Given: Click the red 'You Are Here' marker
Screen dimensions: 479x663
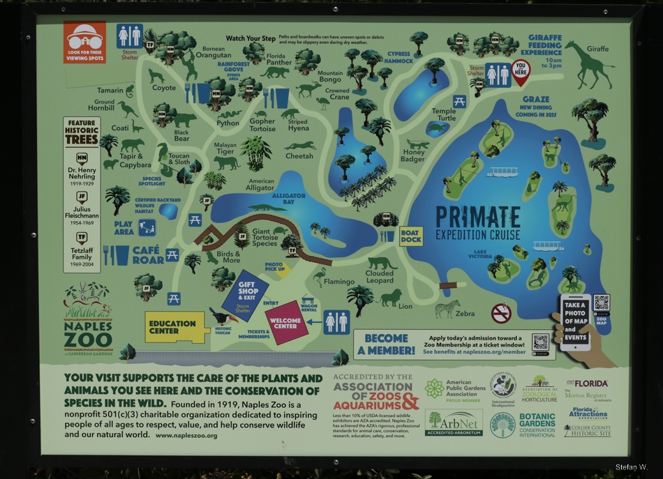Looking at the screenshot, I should click(x=521, y=71).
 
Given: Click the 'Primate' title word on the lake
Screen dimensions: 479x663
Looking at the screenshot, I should click(x=478, y=215).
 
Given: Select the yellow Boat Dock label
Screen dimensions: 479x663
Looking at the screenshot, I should click(x=410, y=236).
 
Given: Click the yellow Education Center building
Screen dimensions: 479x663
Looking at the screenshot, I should click(x=174, y=327).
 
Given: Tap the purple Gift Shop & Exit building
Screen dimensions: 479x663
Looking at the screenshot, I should click(x=245, y=295).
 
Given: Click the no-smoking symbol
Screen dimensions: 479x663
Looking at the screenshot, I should click(x=501, y=313).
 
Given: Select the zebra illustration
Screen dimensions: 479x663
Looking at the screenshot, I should click(x=447, y=307).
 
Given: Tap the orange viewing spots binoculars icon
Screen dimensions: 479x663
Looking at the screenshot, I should click(x=84, y=41).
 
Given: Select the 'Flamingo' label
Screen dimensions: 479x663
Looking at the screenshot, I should click(x=339, y=282).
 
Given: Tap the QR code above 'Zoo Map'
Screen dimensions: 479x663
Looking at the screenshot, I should click(x=601, y=303).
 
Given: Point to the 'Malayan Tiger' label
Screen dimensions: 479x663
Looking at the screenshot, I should click(x=225, y=147).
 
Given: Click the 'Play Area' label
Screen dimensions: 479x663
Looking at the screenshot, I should click(x=124, y=228).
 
